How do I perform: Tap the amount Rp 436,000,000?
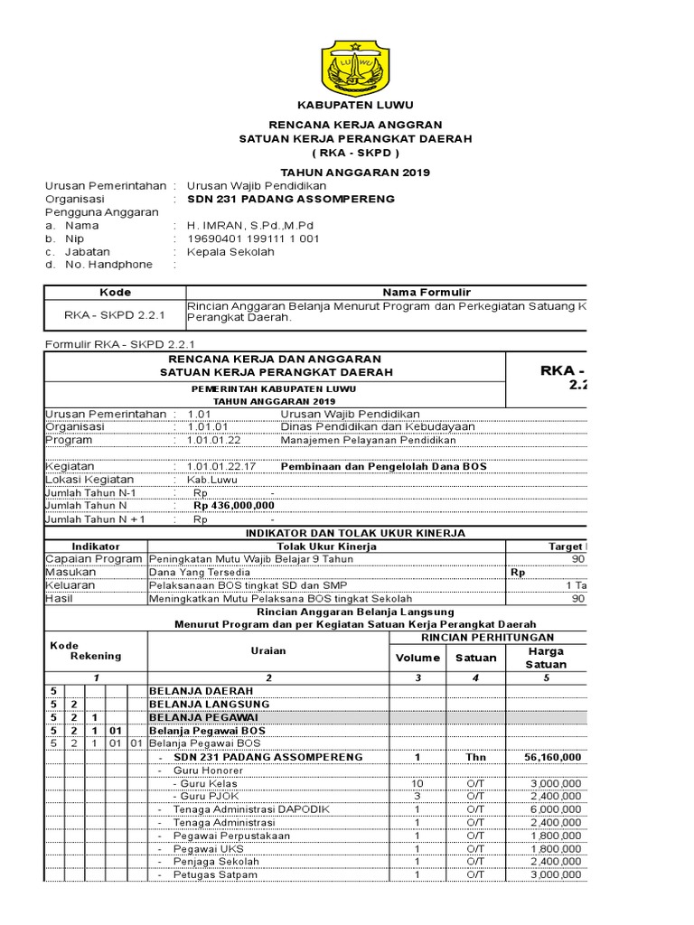coord(233,507)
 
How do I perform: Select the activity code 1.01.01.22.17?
coord(222,466)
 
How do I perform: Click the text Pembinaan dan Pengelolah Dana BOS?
coord(383,466)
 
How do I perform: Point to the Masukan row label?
coord(71,572)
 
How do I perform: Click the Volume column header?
coord(417,658)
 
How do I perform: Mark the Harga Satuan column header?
coord(547,658)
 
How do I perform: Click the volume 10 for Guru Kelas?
coord(417,782)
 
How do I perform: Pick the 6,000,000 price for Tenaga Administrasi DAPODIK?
coord(557,808)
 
